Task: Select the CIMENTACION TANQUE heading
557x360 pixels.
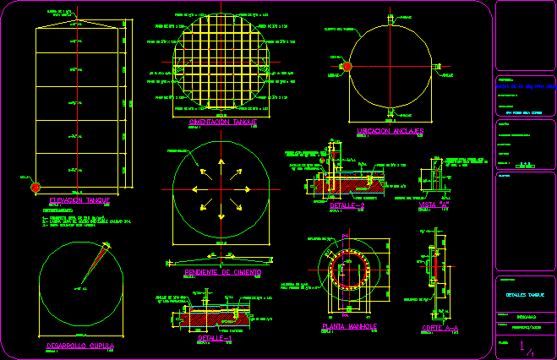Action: [223, 122]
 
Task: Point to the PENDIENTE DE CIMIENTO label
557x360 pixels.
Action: [222, 272]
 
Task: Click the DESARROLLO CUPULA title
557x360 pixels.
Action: [79, 346]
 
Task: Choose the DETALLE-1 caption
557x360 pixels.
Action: [210, 337]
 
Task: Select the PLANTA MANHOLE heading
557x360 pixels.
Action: [349, 325]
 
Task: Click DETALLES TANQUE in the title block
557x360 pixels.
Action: [525, 295]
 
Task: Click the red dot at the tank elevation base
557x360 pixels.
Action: [35, 187]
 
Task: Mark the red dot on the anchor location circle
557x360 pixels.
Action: [346, 67]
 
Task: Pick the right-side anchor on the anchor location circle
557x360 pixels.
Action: [440, 66]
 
